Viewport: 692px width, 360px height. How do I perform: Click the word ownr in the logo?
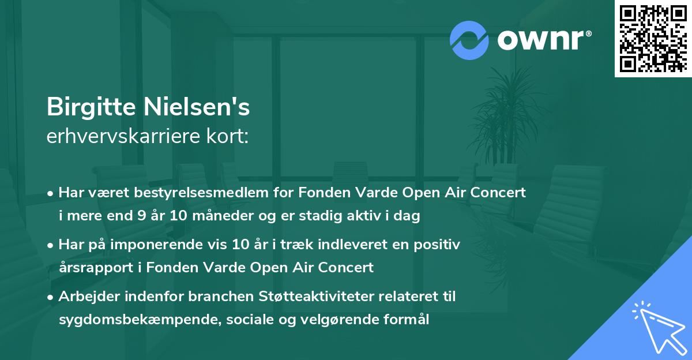click(543, 40)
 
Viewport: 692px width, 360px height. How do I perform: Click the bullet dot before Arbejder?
click(51, 297)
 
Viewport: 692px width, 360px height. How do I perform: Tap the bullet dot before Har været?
click(51, 193)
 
